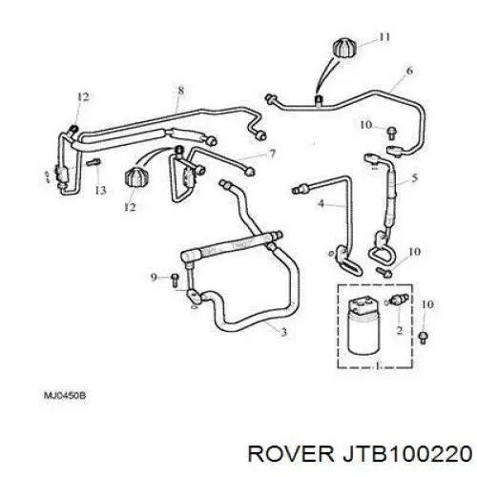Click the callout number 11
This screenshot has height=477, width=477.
[x=384, y=37]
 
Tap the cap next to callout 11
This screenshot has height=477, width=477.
[x=344, y=48]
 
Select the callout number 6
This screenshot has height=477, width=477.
[x=409, y=71]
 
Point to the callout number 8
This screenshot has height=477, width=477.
[x=180, y=91]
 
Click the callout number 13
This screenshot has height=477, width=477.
[x=100, y=190]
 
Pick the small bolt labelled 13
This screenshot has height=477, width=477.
[x=93, y=162]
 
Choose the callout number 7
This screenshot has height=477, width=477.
[x=272, y=155]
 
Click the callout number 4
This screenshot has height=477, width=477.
[x=321, y=203]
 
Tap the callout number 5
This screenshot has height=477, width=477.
[x=414, y=177]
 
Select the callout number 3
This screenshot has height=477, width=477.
[x=283, y=332]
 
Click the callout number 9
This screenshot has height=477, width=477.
[x=154, y=278]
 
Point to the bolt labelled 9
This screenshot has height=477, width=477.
[x=175, y=280]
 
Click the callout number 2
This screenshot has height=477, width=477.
[x=400, y=330]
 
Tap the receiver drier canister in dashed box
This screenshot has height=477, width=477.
[x=363, y=325]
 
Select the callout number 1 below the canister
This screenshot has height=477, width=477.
[x=378, y=366]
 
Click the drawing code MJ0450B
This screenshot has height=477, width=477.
[x=65, y=396]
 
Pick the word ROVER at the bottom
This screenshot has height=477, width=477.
[x=291, y=453]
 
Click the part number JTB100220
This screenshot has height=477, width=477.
[x=406, y=453]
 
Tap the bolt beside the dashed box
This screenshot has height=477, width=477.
[x=423, y=337]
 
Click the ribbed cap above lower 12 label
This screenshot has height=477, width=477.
[x=136, y=178]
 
